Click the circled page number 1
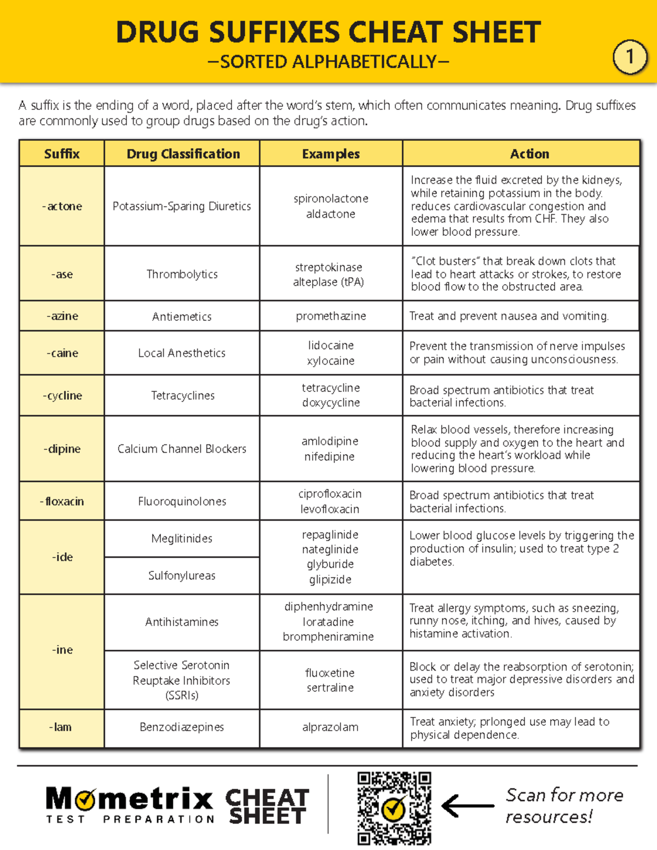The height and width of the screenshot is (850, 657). (x=630, y=57)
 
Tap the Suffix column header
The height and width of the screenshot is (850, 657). (x=62, y=154)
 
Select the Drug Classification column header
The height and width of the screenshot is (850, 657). (x=183, y=154)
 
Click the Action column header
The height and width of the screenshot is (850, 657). (x=529, y=154)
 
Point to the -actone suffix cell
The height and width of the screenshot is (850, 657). (x=62, y=206)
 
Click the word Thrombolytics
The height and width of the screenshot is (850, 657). (x=182, y=274)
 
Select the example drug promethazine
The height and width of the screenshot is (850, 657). (x=331, y=316)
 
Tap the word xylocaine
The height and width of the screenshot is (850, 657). (x=331, y=361)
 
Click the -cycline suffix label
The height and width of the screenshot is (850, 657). (x=62, y=395)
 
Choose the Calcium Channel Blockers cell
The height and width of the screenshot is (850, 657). (x=182, y=449)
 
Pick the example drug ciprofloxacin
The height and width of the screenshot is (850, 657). (x=330, y=494)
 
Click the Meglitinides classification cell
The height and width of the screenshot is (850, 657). (x=182, y=539)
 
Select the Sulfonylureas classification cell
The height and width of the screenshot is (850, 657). (x=182, y=576)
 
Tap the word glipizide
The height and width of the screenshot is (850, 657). (x=330, y=579)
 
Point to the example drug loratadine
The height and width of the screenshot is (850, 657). (x=328, y=622)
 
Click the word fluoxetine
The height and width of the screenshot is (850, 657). (x=330, y=673)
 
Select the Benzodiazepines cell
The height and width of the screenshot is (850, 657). (x=182, y=727)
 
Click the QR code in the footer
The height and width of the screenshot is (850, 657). (x=394, y=808)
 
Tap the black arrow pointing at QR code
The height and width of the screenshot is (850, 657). (x=467, y=806)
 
